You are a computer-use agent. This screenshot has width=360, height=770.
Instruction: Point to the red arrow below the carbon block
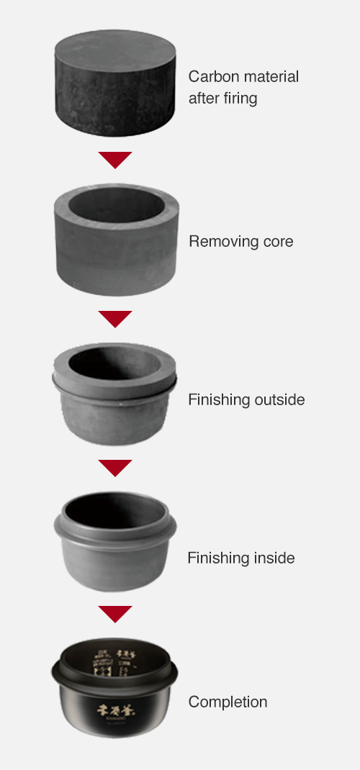point(115,159)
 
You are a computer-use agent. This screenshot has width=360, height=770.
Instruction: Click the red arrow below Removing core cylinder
point(115,318)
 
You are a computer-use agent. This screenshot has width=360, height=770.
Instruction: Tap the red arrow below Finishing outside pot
point(115,468)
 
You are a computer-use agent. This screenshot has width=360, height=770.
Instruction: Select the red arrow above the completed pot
point(115,614)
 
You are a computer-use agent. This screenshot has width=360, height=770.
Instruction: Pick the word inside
point(272,558)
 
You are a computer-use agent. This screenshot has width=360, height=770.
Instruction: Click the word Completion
point(228,702)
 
